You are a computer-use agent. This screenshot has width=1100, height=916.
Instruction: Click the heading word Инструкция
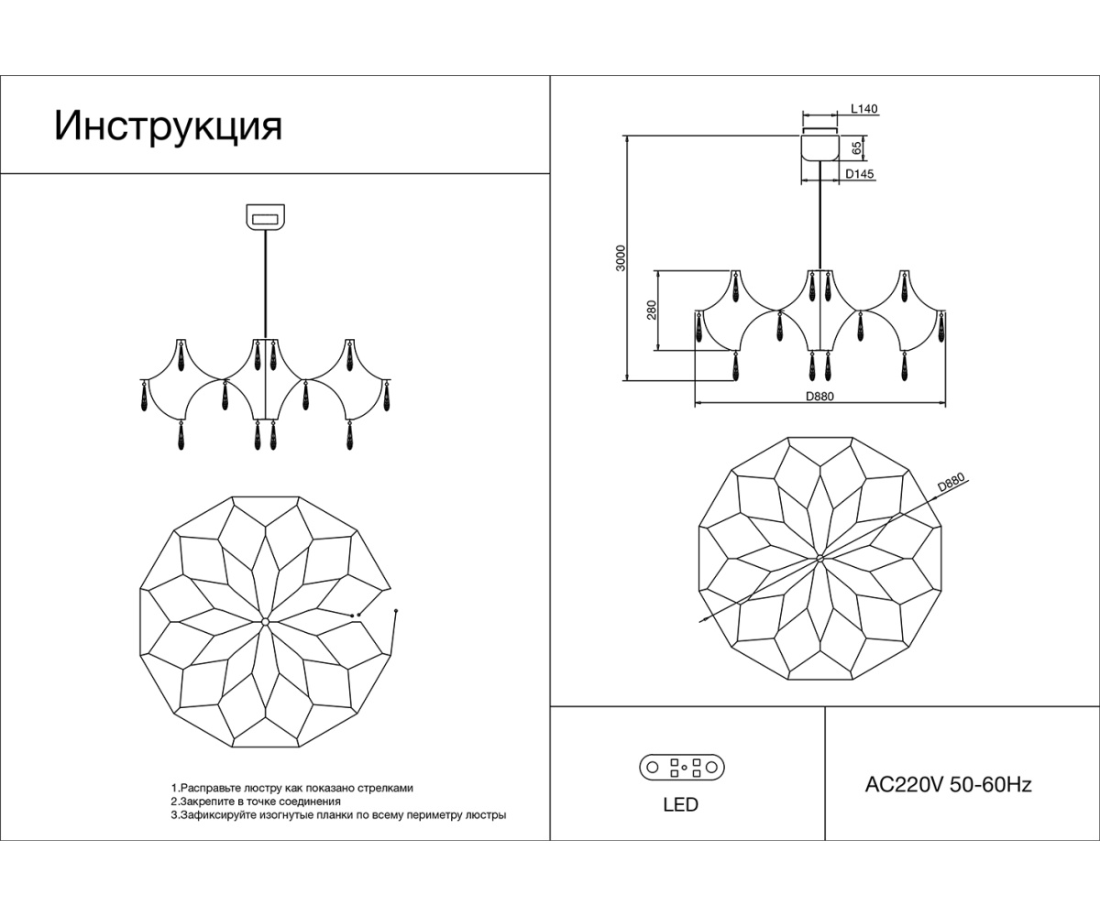pos(168,126)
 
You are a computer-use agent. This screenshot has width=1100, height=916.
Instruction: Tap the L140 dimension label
pos(864,109)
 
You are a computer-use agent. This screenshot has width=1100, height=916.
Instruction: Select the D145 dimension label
pos(859,172)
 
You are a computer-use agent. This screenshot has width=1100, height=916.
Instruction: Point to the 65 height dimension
pos(856,147)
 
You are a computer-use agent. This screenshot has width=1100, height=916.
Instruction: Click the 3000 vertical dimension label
pos(621,257)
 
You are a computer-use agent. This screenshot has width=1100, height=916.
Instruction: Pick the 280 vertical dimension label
pos(652,311)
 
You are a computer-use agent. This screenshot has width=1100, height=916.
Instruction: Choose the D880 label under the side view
pos(820,396)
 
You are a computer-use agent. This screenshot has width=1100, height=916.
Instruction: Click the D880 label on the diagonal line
pos(951,483)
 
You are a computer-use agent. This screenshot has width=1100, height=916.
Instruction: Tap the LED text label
pos(680,805)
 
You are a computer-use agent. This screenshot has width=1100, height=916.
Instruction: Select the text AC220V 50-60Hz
pos(949,785)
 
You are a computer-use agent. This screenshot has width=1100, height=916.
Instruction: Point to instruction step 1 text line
pos(292,788)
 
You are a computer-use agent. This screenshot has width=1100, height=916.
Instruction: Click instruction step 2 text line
pos(256,801)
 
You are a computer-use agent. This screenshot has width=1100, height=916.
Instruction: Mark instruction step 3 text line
pos(338,813)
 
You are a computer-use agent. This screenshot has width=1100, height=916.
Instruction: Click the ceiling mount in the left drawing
pos(266,217)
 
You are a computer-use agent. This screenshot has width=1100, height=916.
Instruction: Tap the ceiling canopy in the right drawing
pos(820,147)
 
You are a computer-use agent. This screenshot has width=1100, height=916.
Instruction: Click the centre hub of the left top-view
pos(265,622)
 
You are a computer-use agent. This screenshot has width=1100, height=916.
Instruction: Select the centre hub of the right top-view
pos(820,558)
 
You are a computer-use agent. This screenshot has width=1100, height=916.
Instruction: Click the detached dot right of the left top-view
pos(395,610)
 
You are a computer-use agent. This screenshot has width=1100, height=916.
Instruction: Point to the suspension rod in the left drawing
pos(266,284)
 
